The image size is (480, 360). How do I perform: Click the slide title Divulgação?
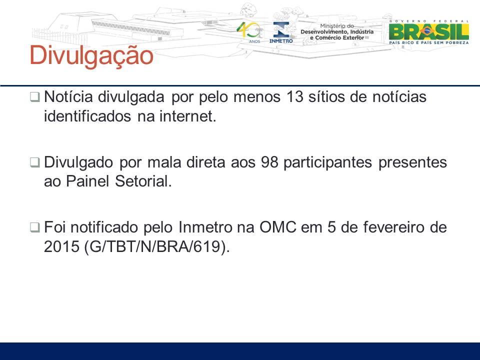[91, 55]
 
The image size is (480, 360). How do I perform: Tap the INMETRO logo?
[281, 32]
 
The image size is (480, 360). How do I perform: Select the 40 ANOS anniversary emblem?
[250, 32]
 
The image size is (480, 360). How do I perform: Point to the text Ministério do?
[337, 26]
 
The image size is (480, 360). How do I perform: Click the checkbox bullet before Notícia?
[34, 97]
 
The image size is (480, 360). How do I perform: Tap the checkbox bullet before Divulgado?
[34, 162]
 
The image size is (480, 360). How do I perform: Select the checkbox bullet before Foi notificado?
[34, 227]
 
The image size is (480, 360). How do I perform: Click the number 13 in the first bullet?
[295, 97]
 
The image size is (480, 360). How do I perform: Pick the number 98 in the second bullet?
[269, 162]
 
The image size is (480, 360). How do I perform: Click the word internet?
[187, 116]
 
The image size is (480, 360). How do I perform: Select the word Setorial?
[143, 181]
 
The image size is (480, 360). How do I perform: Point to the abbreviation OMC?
[278, 227]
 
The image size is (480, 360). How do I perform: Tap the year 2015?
[61, 246]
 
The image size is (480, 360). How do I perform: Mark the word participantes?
[327, 162]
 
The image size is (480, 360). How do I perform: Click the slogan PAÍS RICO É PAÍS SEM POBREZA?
[429, 42]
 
